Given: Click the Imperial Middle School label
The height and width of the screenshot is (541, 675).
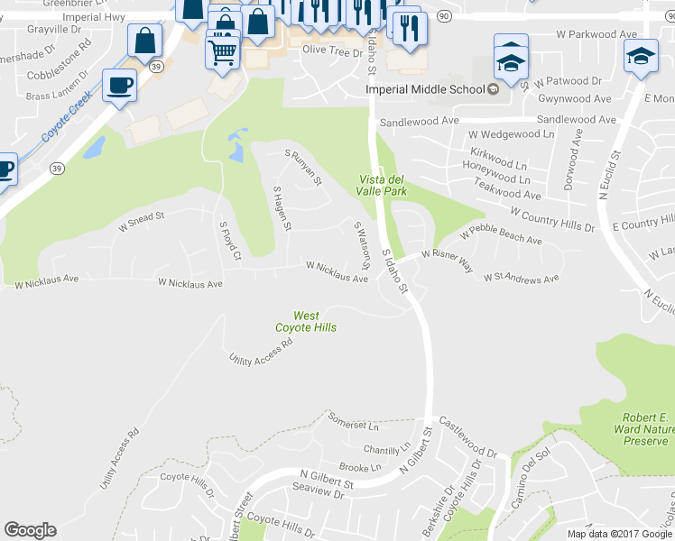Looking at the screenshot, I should [426, 89].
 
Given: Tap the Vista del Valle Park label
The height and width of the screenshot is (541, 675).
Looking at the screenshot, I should [379, 185].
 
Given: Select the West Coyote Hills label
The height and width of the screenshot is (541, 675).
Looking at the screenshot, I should [306, 322].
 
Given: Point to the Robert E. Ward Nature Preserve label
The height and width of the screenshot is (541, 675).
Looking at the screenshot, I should [644, 429].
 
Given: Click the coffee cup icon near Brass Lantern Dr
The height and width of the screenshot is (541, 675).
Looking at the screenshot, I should [119, 86].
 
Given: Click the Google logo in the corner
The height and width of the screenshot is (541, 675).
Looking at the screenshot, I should [30, 530].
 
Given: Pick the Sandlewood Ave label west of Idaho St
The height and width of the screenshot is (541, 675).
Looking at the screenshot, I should [420, 121].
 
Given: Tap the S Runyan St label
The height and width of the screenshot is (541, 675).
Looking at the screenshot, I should [303, 167].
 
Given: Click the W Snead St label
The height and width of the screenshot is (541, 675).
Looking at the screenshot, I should [142, 221].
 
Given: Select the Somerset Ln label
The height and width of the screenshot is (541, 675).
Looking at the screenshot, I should [349, 422].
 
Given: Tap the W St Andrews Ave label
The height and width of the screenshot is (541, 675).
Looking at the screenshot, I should [521, 279].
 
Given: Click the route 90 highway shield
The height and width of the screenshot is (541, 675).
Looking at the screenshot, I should [443, 15].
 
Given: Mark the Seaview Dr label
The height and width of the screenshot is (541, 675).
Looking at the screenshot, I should [319, 495].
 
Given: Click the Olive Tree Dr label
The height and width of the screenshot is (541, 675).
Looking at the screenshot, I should [331, 50].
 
